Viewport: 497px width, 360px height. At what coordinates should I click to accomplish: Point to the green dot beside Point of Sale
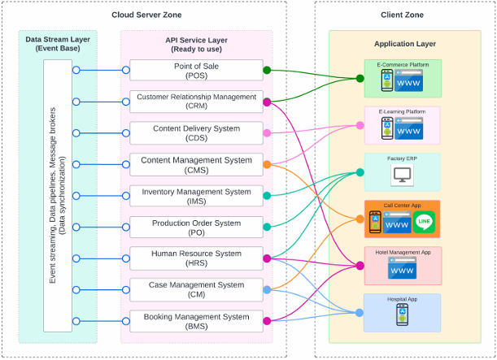click(x=267, y=70)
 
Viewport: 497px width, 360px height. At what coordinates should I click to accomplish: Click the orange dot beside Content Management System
click(x=267, y=164)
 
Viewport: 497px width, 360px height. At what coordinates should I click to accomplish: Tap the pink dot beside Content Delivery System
click(x=267, y=132)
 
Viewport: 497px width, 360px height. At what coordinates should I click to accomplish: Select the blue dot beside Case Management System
click(x=267, y=289)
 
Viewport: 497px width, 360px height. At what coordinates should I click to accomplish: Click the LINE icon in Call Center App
click(x=423, y=221)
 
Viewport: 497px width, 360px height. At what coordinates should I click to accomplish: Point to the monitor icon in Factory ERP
click(x=403, y=174)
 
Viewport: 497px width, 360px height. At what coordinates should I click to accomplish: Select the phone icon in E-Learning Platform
click(x=388, y=128)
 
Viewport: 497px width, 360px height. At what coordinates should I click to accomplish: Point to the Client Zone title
click(x=402, y=15)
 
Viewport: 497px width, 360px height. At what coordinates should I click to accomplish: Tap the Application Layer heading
click(x=404, y=44)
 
